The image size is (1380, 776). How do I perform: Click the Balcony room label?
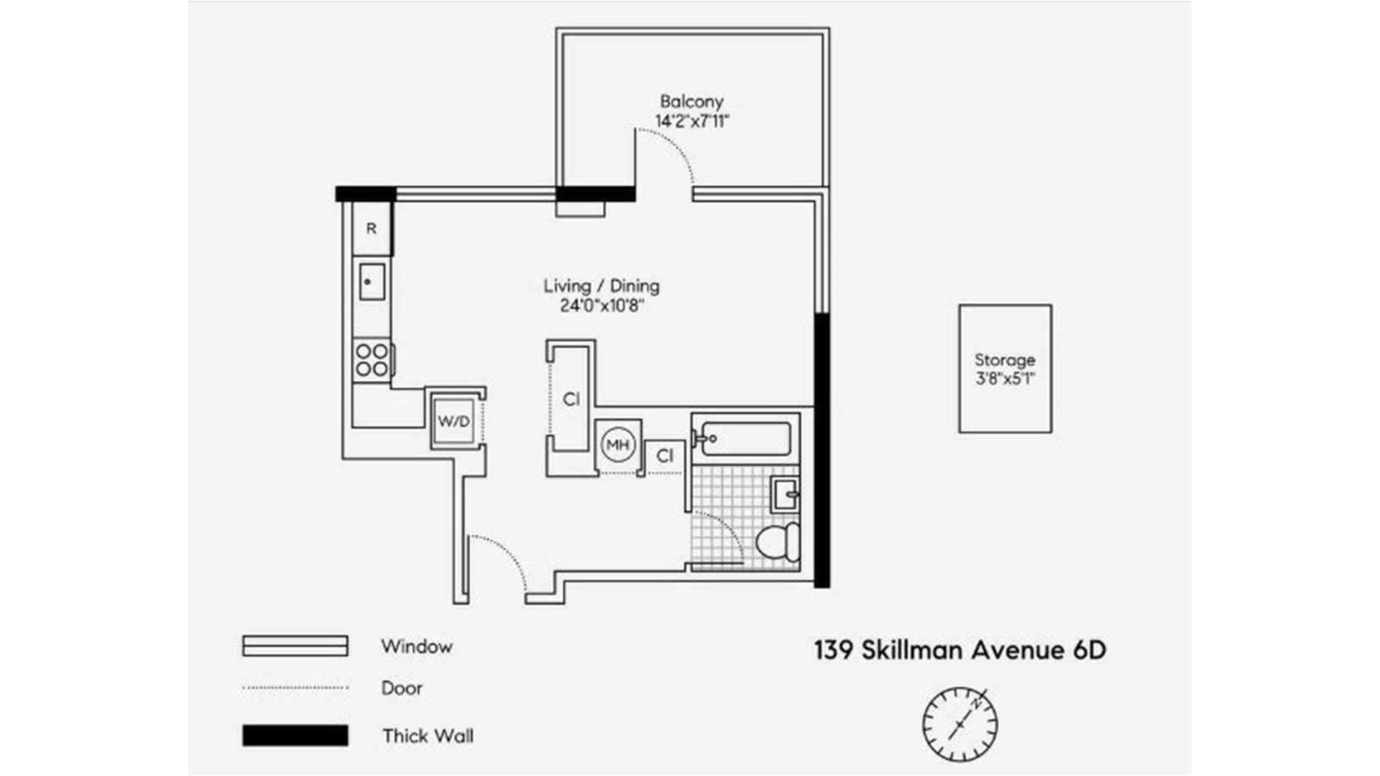(691, 102)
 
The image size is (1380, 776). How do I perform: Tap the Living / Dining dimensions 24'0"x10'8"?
(602, 306)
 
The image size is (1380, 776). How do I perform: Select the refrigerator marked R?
(372, 228)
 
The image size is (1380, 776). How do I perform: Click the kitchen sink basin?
(372, 282)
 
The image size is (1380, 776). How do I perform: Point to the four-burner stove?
(372, 360)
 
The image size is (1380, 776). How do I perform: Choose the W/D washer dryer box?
(454, 421)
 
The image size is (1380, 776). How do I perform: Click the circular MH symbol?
(618, 445)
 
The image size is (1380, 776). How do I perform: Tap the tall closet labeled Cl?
(571, 399)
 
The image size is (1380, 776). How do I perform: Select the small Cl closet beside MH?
(665, 456)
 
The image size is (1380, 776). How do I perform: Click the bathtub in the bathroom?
(746, 438)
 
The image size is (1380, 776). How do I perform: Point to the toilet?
(777, 542)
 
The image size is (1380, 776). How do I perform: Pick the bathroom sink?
(784, 494)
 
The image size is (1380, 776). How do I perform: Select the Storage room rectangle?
(1005, 369)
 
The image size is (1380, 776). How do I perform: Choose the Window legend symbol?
(295, 646)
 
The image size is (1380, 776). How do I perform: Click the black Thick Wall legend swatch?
(295, 736)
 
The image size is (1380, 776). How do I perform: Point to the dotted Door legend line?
(295, 688)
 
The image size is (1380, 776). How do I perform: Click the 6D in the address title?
(1089, 650)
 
